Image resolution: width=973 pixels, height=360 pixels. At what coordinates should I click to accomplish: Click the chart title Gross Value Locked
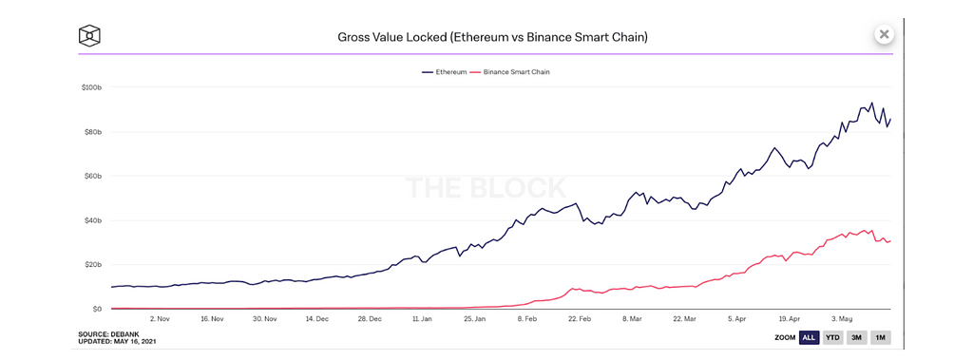493,37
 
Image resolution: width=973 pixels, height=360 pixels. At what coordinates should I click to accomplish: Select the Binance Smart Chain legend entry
511,72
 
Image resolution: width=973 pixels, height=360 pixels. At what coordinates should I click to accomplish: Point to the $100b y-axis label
91,87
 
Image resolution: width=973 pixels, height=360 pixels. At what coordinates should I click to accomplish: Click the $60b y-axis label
92,177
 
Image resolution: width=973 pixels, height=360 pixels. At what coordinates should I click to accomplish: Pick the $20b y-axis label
92,265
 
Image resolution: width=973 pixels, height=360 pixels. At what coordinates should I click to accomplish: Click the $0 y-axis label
97,309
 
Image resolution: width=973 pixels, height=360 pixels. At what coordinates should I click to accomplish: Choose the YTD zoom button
832,337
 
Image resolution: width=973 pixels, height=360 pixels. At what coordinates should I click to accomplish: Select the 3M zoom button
857,337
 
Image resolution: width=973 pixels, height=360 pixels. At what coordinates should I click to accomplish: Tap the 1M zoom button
881,337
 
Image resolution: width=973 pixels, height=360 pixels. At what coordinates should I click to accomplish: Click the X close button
885,34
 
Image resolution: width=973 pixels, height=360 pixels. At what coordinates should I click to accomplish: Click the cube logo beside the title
90,36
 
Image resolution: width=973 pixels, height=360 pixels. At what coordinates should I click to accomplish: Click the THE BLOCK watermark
486,188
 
